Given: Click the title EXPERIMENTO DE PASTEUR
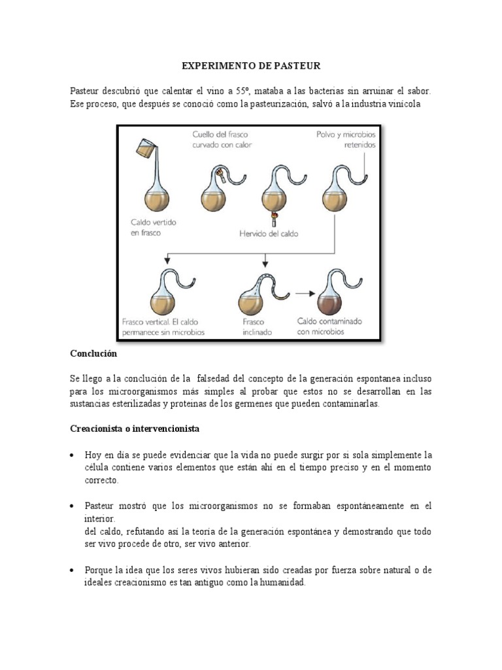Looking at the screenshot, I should (251, 66).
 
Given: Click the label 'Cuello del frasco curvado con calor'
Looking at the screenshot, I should (222, 139).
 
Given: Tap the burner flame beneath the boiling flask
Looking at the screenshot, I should (275, 216).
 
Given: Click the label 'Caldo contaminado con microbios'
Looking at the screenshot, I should (329, 326).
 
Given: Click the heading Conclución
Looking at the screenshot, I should (93, 353).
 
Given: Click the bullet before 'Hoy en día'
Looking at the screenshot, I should (73, 455).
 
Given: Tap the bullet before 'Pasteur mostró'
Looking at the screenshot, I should (73, 506).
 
